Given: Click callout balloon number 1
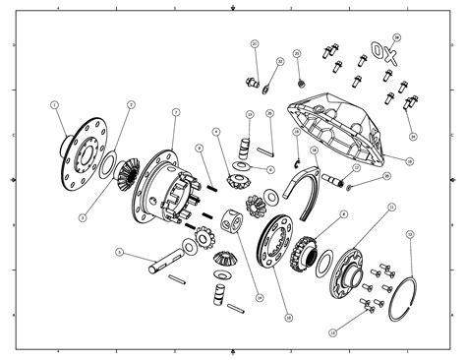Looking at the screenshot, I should point(55,104).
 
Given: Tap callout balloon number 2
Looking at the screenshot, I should point(131,104).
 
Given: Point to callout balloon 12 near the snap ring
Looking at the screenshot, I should point(410,235).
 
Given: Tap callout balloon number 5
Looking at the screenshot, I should point(119,251).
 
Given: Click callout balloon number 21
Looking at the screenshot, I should point(254,44).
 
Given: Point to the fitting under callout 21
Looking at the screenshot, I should point(253,78).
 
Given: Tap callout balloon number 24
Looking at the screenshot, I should point(413,136).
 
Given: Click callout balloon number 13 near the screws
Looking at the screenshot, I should point(332,334).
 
